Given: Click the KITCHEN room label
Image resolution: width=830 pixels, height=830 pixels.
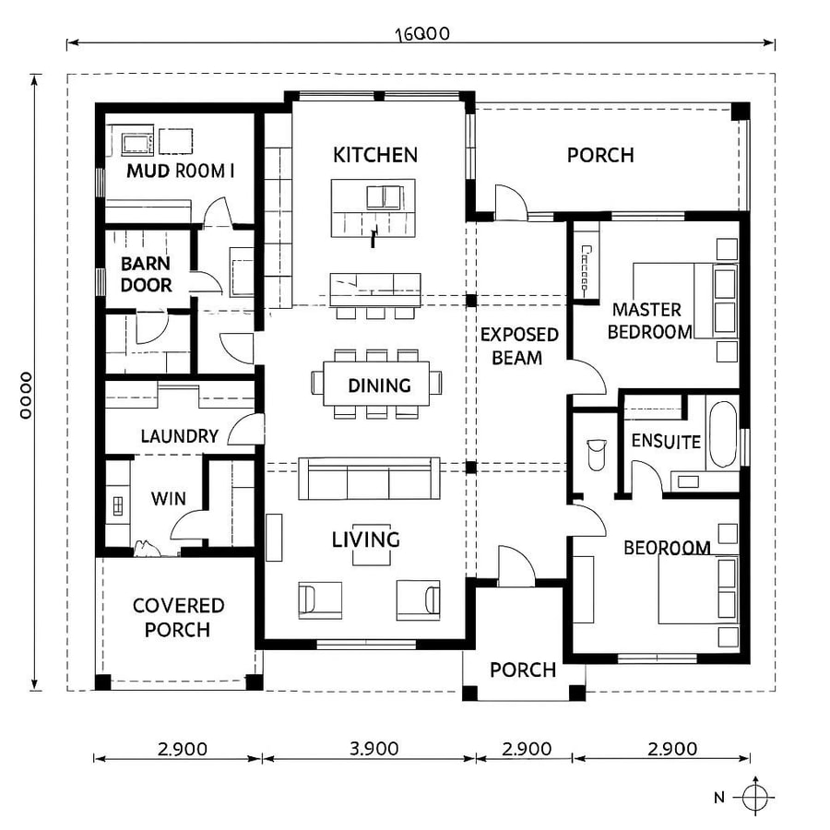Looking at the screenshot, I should tap(374, 155).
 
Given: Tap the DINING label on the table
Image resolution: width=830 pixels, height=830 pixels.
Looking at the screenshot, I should tap(379, 385).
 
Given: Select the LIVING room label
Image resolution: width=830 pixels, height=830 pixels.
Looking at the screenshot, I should tap(366, 539).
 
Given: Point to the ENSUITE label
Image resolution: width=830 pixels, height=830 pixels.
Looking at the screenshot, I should tap(666, 442).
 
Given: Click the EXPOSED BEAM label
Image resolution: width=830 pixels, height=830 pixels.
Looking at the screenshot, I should tap(518, 346).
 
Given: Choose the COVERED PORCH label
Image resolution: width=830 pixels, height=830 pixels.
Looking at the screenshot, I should tap(178, 618).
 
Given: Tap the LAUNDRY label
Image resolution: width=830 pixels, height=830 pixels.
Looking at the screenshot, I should tap(179, 436).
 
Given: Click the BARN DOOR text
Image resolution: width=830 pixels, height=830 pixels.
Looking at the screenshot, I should tap(147, 275).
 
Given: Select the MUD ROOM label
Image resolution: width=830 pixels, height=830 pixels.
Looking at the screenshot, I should tap(181, 171).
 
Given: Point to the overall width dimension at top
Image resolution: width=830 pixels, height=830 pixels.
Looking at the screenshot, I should tap(421, 35).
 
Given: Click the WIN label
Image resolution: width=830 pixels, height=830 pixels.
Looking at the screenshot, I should tap(169, 499).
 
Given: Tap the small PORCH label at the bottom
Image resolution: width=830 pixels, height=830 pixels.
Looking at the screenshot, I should tap(523, 670).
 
